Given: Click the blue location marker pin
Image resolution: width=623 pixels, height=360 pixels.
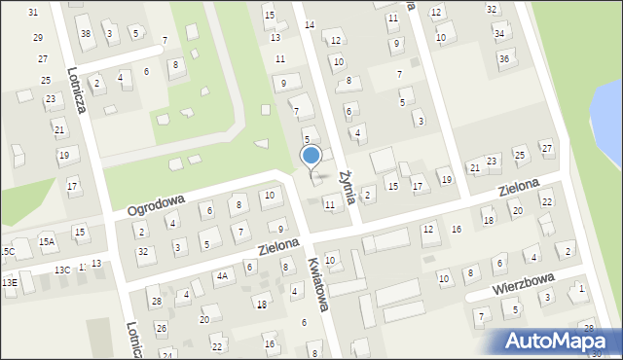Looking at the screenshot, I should click(x=311, y=157).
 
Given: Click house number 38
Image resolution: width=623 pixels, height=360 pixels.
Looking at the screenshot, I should click(x=86, y=34).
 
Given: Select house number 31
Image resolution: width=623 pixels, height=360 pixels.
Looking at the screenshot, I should click(x=33, y=12).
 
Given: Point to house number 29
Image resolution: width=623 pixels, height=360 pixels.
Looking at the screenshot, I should click(x=37, y=37).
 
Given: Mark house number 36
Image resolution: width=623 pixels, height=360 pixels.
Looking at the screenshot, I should click(x=504, y=58).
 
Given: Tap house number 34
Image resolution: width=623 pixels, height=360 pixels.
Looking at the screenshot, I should click(x=499, y=33).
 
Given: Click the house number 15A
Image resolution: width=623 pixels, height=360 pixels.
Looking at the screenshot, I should click(x=46, y=240).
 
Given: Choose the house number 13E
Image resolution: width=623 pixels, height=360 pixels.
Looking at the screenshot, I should click(x=9, y=282).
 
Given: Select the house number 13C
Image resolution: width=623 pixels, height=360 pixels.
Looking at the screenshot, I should click(x=61, y=270).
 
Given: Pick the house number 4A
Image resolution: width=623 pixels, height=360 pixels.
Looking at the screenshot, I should click(x=223, y=276).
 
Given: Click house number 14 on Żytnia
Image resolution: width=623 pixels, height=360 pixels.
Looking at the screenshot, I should click(x=310, y=24).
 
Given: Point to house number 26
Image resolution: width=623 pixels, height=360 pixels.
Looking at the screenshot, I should click(x=161, y=328).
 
